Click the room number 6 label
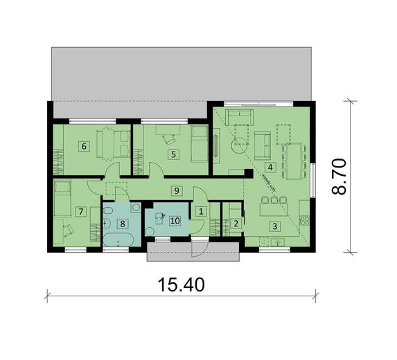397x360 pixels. (x=84, y=146)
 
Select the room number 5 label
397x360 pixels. (x=173, y=154)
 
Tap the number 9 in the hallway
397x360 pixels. (x=177, y=190)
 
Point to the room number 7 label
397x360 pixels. (x=81, y=211)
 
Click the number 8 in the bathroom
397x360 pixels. (x=122, y=223)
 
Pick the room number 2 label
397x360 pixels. (x=236, y=223)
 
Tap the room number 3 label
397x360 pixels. (x=274, y=226)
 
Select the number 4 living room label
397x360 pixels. (x=271, y=167)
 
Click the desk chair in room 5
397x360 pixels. (x=168, y=138)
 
